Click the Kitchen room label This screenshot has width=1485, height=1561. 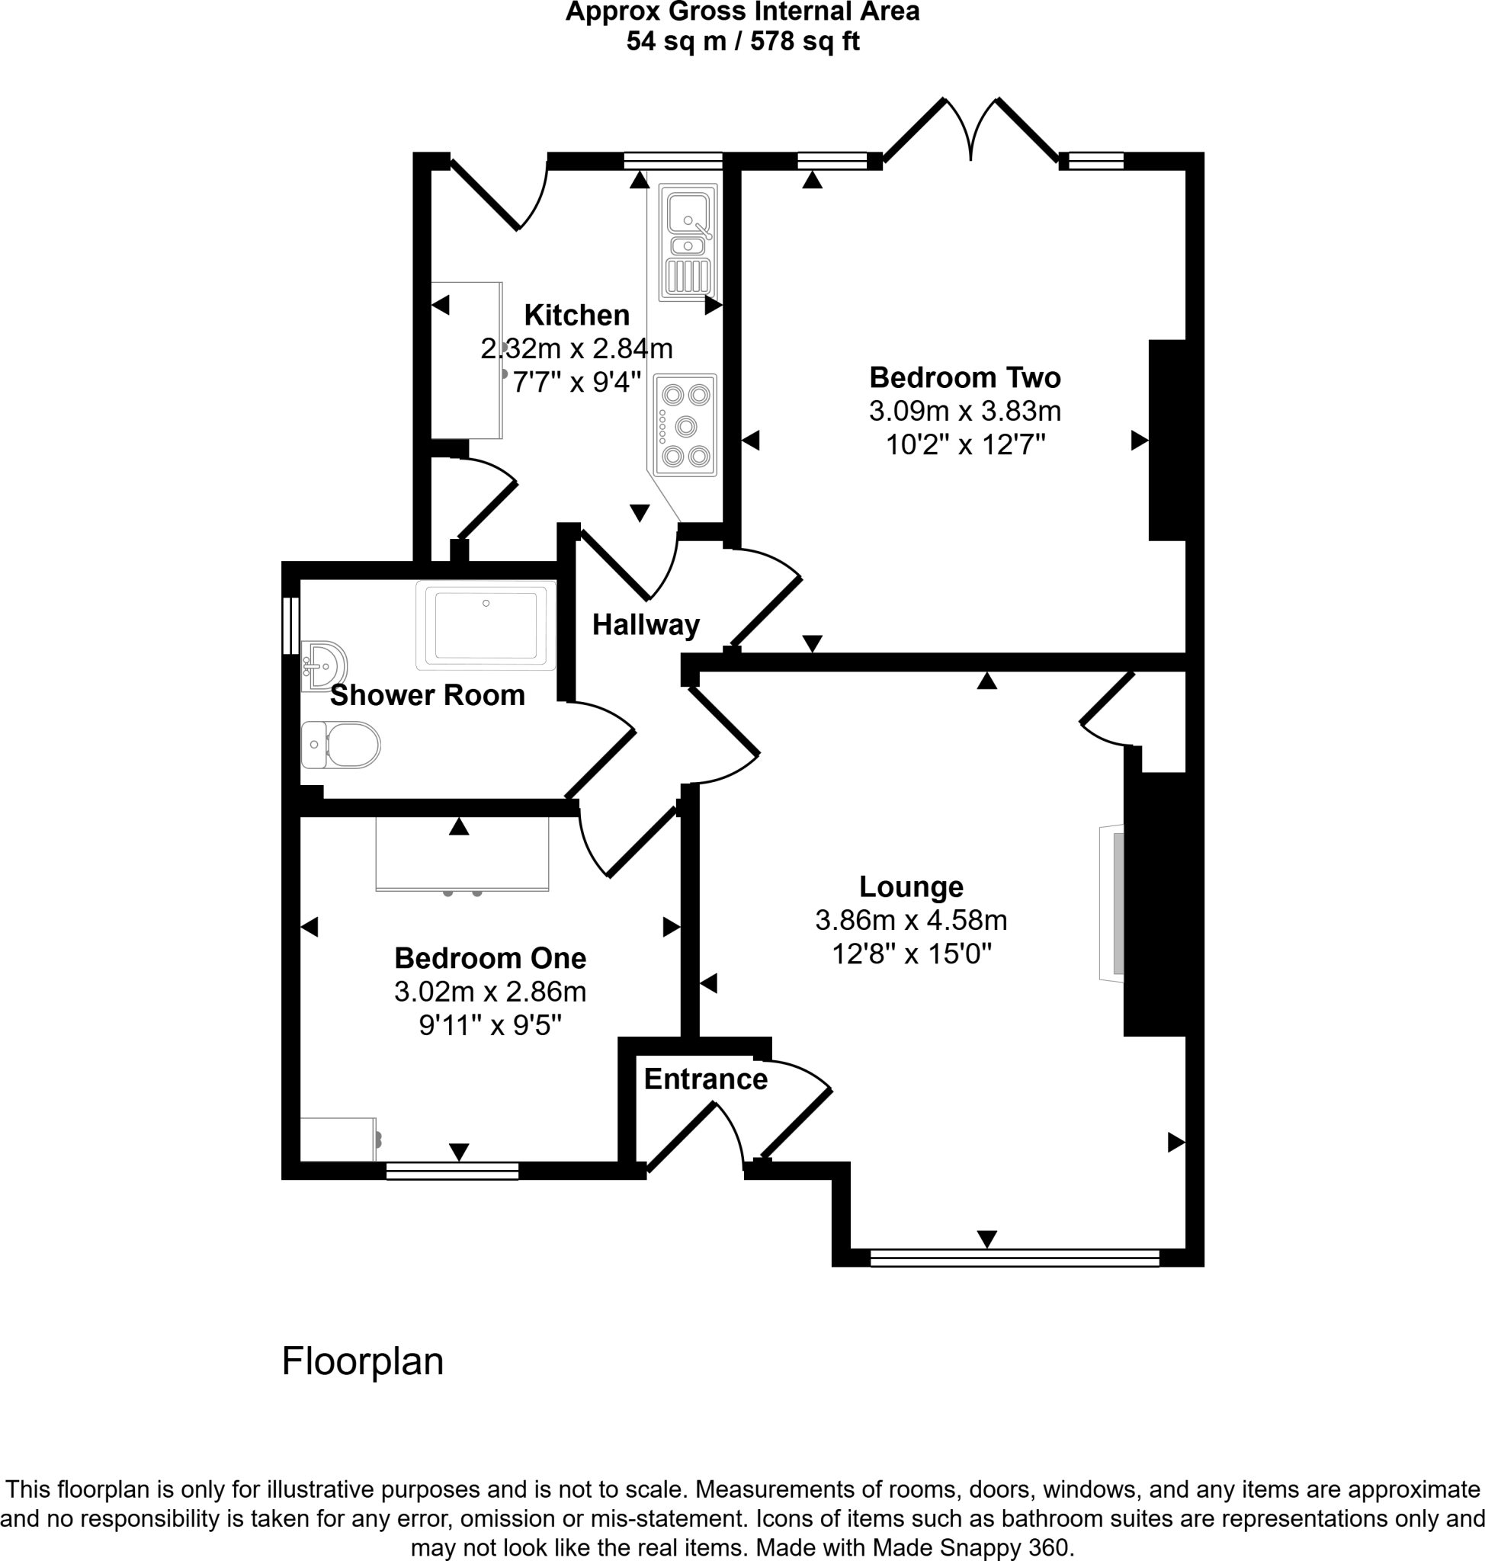point(576,315)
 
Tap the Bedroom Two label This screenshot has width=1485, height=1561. point(964,377)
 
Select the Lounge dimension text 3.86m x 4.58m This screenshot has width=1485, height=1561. point(910,920)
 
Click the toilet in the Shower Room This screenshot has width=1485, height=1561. point(342,745)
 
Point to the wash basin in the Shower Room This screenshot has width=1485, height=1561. point(323,665)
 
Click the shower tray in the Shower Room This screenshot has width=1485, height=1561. point(486,625)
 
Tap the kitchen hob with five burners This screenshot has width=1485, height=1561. point(685,425)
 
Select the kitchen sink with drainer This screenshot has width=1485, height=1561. point(688,242)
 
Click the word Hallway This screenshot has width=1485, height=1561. point(645,625)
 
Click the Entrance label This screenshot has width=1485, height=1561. point(705,1079)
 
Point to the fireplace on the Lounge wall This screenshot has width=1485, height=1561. point(1111,903)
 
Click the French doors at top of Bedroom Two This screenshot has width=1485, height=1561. point(970,130)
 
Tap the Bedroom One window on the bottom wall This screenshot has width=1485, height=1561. point(452,1171)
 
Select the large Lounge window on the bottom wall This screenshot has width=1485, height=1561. point(1014,1257)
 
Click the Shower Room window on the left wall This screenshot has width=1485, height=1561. point(290,625)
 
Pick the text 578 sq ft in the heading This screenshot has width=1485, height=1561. point(804,41)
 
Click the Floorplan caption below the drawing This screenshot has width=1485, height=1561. point(363,1361)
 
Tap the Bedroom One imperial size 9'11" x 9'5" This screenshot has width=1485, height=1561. point(489,1026)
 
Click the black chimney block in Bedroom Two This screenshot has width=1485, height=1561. point(1167,440)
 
